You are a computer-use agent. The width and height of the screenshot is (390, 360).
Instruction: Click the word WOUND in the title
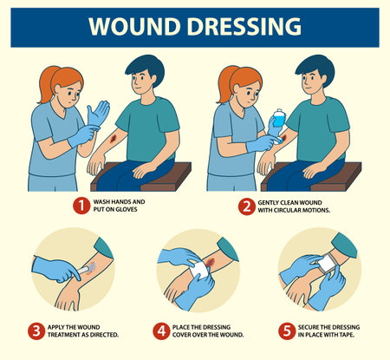133,27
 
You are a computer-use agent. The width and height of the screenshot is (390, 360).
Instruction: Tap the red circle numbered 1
79,206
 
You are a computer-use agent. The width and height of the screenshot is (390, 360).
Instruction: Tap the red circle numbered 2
248,206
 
